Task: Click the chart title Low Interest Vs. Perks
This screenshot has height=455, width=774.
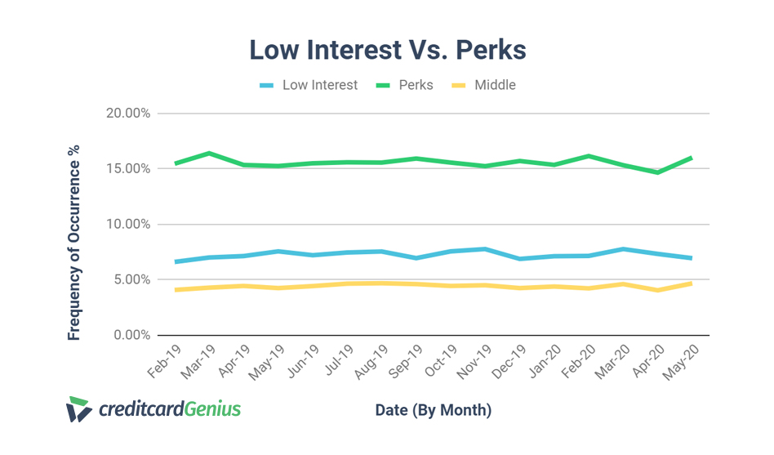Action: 388,50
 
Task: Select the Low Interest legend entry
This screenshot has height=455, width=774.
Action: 319,85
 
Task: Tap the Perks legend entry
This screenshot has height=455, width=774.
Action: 416,85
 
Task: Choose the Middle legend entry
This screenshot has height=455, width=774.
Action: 495,85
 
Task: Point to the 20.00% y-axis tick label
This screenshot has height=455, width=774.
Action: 128,114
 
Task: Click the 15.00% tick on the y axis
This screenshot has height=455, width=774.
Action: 128,169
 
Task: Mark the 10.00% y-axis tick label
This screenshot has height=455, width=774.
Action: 128,225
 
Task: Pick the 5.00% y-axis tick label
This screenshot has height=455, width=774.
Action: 131,280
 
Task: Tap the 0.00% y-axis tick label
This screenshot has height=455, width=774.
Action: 131,335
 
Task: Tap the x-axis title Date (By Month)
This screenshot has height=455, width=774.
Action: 434,409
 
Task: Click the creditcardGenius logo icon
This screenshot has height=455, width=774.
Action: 78,409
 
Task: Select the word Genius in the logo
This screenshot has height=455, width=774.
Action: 211,408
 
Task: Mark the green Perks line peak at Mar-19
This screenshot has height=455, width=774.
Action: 210,154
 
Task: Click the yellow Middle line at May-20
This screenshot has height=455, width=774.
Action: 692,283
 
